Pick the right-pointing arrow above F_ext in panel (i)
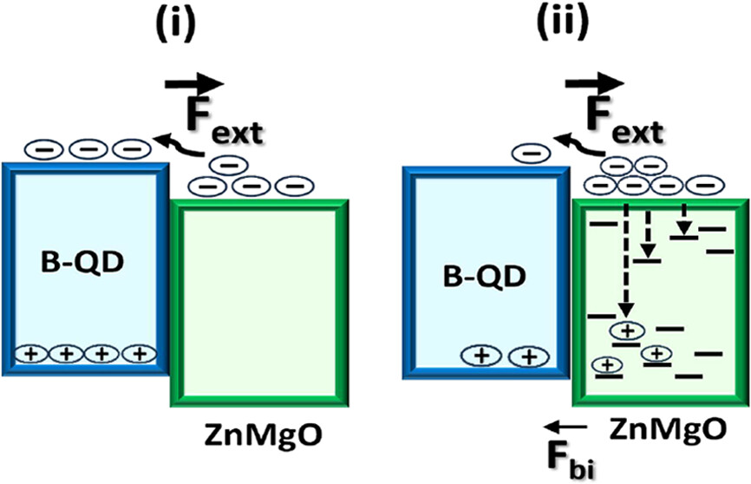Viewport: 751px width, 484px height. click(x=196, y=84)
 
